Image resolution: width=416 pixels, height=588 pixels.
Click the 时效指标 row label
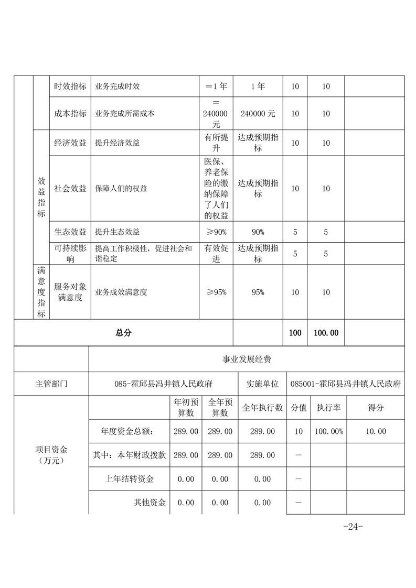pyautogui.click(x=70, y=86)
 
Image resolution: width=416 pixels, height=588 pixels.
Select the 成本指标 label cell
pyautogui.click(x=70, y=113)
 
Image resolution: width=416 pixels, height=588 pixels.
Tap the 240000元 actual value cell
pyautogui.click(x=257, y=113)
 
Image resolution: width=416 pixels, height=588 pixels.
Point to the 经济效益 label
pyautogui.click(x=70, y=143)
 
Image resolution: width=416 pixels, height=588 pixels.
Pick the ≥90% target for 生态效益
pyautogui.click(x=216, y=232)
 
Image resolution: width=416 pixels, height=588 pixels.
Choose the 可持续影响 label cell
pyautogui.click(x=70, y=254)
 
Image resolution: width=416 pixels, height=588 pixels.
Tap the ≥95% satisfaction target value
pyautogui.click(x=216, y=292)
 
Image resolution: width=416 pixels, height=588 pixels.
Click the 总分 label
pyautogui.click(x=123, y=333)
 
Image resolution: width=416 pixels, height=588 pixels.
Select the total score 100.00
pyautogui.click(x=326, y=333)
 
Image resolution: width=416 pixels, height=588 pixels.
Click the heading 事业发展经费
pyautogui.click(x=247, y=360)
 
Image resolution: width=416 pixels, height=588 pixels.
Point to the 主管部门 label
pyautogui.click(x=51, y=384)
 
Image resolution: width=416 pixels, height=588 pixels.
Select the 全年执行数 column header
pyautogui.click(x=262, y=408)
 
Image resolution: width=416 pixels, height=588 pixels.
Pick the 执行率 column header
pyautogui.click(x=328, y=408)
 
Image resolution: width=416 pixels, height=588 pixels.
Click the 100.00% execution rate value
pyautogui.click(x=328, y=431)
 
